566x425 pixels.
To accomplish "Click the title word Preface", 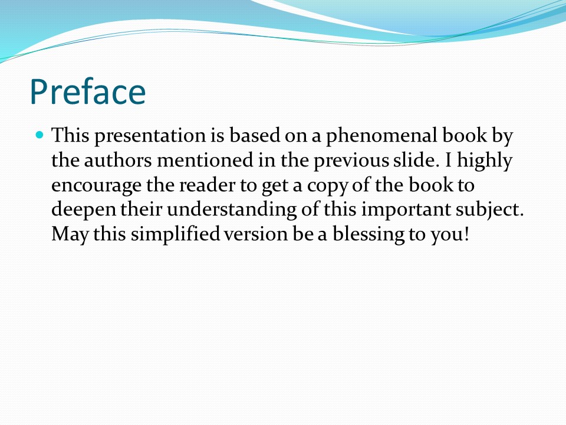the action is click(x=88, y=91).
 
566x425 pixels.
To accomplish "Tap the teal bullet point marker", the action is click(x=40, y=135).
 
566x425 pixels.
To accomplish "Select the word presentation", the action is click(x=150, y=136).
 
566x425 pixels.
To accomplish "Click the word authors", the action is click(x=118, y=161).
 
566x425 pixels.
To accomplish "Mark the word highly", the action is click(x=485, y=161).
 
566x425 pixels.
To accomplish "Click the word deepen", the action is click(x=84, y=210).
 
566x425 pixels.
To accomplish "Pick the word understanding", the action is click(x=232, y=210).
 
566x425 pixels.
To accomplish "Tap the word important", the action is click(x=406, y=210).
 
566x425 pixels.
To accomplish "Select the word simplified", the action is click(x=175, y=235).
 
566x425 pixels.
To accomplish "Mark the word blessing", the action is click(x=368, y=235).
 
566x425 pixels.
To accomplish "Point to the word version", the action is click(x=255, y=234).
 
